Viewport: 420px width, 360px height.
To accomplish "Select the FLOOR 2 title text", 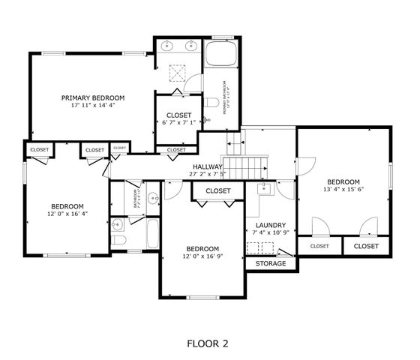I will click(207, 343).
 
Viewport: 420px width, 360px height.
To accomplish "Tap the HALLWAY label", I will click(208, 166).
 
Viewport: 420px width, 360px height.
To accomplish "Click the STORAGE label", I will click(271, 263).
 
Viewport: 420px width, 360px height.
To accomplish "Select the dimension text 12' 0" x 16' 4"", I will click(67, 214).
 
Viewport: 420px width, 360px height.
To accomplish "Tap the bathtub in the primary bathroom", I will click(220, 55).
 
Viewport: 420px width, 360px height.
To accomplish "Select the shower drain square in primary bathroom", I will click(178, 72).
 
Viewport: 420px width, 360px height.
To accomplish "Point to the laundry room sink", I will click(265, 189).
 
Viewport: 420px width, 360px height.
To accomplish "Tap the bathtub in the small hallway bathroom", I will click(152, 234).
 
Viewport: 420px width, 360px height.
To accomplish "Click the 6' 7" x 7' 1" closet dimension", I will click(178, 122).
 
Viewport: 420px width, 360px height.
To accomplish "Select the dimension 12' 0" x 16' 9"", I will click(202, 256).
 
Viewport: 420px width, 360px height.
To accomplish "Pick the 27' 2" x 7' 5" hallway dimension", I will click(208, 174).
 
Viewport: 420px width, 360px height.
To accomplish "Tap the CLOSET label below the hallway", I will click(218, 191).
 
